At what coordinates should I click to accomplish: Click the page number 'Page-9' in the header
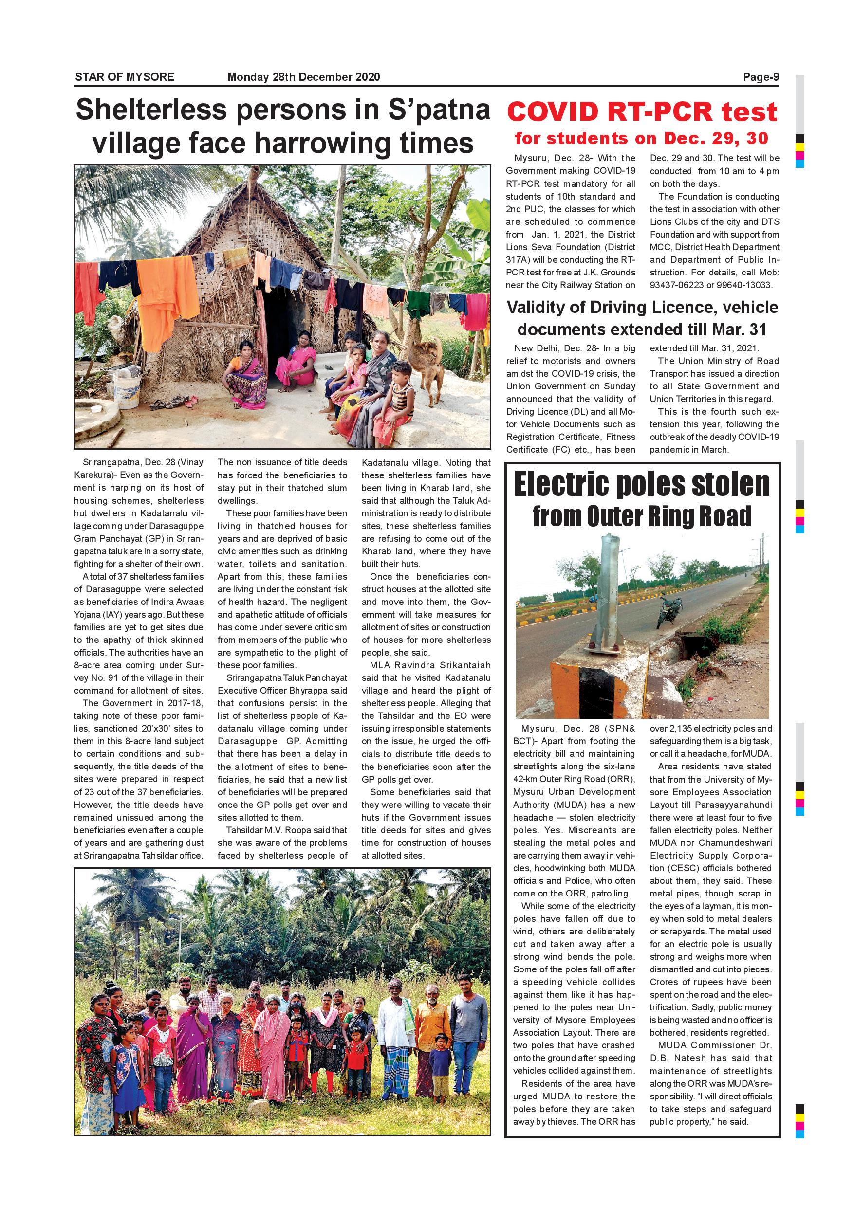761,77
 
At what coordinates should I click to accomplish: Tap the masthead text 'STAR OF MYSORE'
125,77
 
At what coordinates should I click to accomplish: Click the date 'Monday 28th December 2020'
303,77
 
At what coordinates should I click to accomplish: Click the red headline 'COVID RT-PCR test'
642,112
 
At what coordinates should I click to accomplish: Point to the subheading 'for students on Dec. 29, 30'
642,138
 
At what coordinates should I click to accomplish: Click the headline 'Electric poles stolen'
642,484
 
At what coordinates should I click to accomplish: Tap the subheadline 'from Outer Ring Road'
642,516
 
